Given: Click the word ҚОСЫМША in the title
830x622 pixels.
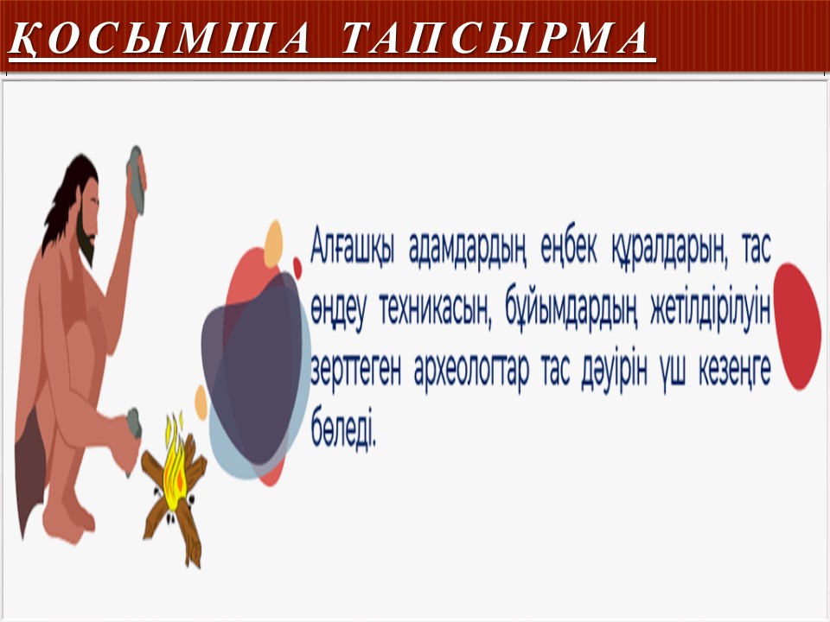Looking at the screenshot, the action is (159, 39).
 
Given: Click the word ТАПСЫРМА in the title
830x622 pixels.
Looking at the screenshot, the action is (495, 38).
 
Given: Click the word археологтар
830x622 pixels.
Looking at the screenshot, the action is (472, 371).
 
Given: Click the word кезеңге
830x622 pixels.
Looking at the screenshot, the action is (734, 371).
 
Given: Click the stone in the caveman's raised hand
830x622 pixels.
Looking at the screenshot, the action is (136, 181).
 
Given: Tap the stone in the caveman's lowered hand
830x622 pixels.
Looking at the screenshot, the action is (133, 423).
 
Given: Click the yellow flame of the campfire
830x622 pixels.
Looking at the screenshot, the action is (173, 466).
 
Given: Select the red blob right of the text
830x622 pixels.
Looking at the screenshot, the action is (796, 327).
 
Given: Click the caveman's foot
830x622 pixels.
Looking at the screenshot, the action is (69, 517).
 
